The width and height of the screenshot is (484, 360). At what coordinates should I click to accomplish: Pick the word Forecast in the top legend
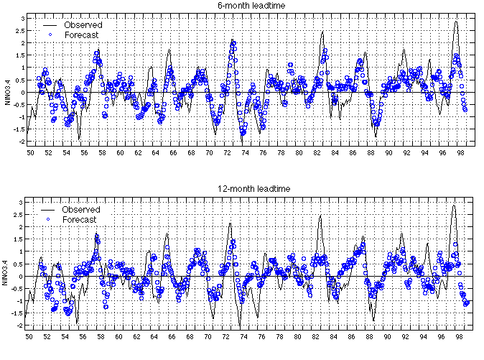tap(81, 34)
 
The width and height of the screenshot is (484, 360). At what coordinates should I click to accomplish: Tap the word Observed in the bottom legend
tap(81, 209)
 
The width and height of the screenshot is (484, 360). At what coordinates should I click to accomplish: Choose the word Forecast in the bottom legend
tap(81, 218)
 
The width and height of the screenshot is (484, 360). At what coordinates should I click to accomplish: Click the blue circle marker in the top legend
tap(50, 34)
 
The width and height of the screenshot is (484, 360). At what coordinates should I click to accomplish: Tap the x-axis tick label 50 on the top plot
tap(31, 152)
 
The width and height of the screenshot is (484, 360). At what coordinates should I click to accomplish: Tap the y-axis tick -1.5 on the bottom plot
tap(18, 313)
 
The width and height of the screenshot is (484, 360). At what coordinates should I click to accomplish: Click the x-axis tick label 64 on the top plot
tap(156, 152)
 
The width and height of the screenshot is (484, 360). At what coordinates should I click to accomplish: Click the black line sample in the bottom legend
tap(50, 209)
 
